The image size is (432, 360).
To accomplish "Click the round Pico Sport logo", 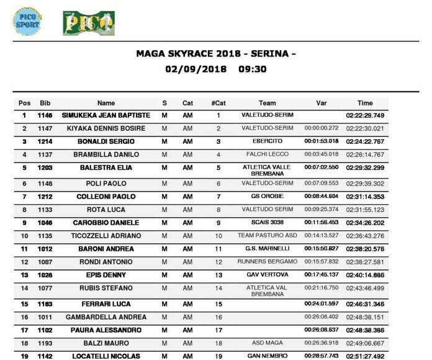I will click(x=28, y=20).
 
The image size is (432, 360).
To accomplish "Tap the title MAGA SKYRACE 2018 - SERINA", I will click(x=215, y=54).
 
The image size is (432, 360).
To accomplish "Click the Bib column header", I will click(x=45, y=103).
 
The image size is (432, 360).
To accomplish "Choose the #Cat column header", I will click(x=218, y=103).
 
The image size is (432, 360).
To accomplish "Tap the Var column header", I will click(x=321, y=103).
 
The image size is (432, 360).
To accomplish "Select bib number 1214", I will click(x=45, y=142).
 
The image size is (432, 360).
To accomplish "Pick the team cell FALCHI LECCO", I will click(x=267, y=155).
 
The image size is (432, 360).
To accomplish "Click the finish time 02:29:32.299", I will click(x=365, y=168).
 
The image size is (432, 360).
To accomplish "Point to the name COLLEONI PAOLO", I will click(x=106, y=197).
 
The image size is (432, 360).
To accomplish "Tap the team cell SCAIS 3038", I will click(x=267, y=223).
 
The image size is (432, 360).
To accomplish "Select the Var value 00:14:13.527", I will click(x=322, y=236).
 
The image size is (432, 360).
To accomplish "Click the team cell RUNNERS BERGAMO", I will click(x=267, y=262).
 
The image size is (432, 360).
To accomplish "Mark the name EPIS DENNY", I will click(x=106, y=275).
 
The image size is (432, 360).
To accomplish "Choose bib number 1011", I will click(x=45, y=317).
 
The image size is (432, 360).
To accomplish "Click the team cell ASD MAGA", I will click(x=267, y=343).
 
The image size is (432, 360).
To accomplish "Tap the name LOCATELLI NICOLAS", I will click(x=106, y=356).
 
